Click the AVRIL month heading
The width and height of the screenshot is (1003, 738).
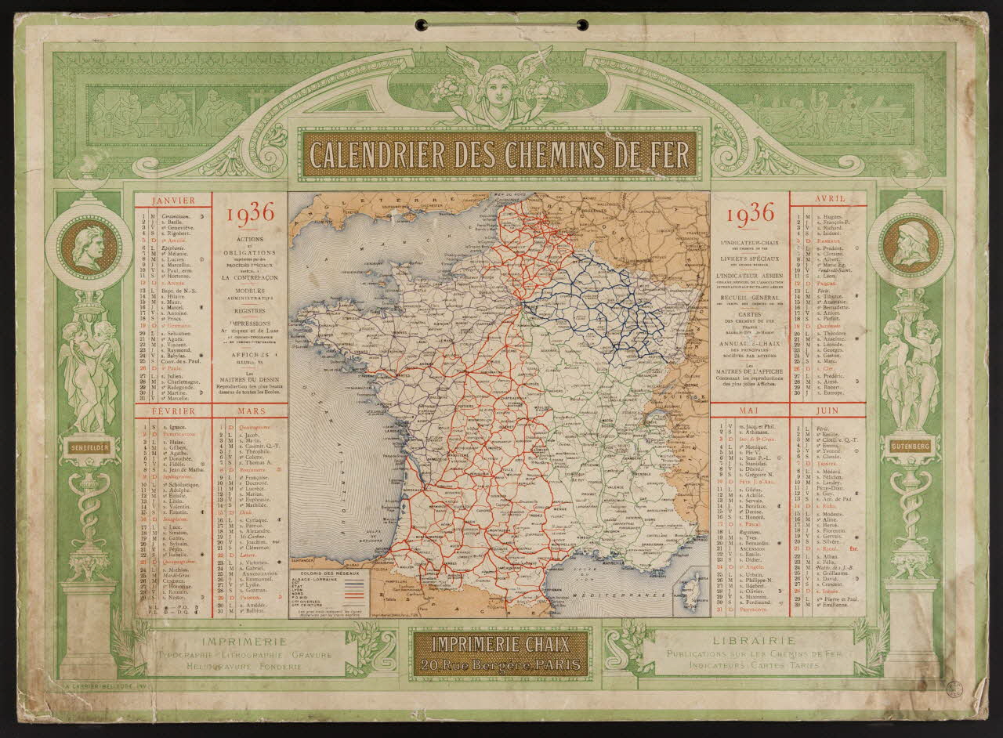pyautogui.click(x=828, y=200)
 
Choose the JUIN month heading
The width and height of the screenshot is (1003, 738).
pyautogui.click(x=827, y=411)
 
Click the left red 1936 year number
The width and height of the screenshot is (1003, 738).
pyautogui.click(x=250, y=214)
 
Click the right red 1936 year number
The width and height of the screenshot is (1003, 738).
pyautogui.click(x=751, y=214)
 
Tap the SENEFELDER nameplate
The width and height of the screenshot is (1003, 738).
pyautogui.click(x=89, y=448)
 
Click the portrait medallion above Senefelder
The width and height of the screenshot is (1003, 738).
pyautogui.click(x=89, y=248)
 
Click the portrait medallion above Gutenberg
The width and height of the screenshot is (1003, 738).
pyautogui.click(x=910, y=248)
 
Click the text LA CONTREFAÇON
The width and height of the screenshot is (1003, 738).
pyautogui.click(x=249, y=277)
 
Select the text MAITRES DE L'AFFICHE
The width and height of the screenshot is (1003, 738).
pyautogui.click(x=751, y=373)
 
